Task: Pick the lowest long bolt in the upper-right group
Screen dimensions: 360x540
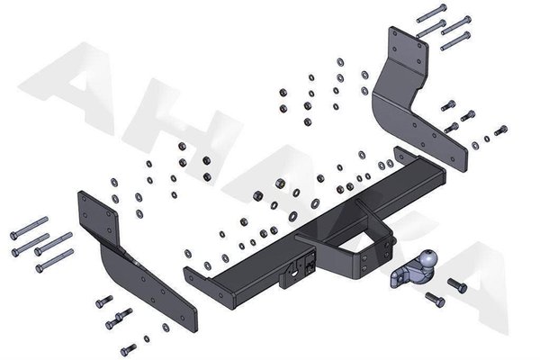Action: [x=457, y=39]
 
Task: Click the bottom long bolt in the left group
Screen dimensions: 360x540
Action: [x=54, y=262]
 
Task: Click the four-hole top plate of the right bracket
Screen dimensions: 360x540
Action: [x=407, y=49]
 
